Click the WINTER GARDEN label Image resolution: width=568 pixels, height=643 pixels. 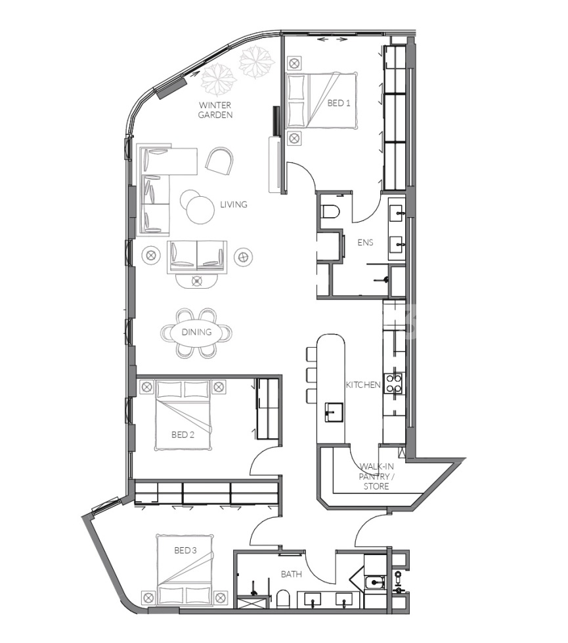point(217,110)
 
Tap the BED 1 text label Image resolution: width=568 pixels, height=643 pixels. point(339,102)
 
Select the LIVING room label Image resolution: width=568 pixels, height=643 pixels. point(233,204)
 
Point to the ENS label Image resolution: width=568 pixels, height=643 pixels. point(366,242)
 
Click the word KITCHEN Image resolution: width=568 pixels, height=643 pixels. point(363,384)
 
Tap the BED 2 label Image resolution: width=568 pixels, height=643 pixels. point(183,434)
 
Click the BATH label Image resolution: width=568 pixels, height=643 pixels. point(291,574)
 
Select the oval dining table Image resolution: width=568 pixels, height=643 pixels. point(197,332)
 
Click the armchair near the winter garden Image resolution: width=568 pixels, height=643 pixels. point(219,159)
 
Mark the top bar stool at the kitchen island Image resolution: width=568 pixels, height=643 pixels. point(311,353)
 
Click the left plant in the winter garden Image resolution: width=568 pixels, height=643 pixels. point(218,80)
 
